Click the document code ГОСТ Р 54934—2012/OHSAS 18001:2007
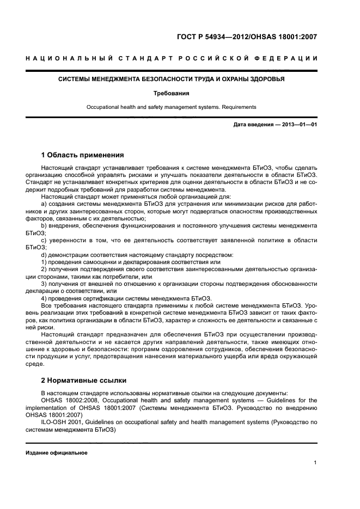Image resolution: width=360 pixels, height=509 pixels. (247, 37)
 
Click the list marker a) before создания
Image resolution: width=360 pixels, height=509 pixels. (44, 204)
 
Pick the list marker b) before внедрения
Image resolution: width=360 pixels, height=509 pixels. (44, 225)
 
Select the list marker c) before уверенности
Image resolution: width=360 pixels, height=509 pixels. (44, 240)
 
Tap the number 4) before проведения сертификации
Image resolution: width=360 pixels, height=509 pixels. (44, 297)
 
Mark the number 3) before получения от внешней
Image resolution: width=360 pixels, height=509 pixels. (44, 283)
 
